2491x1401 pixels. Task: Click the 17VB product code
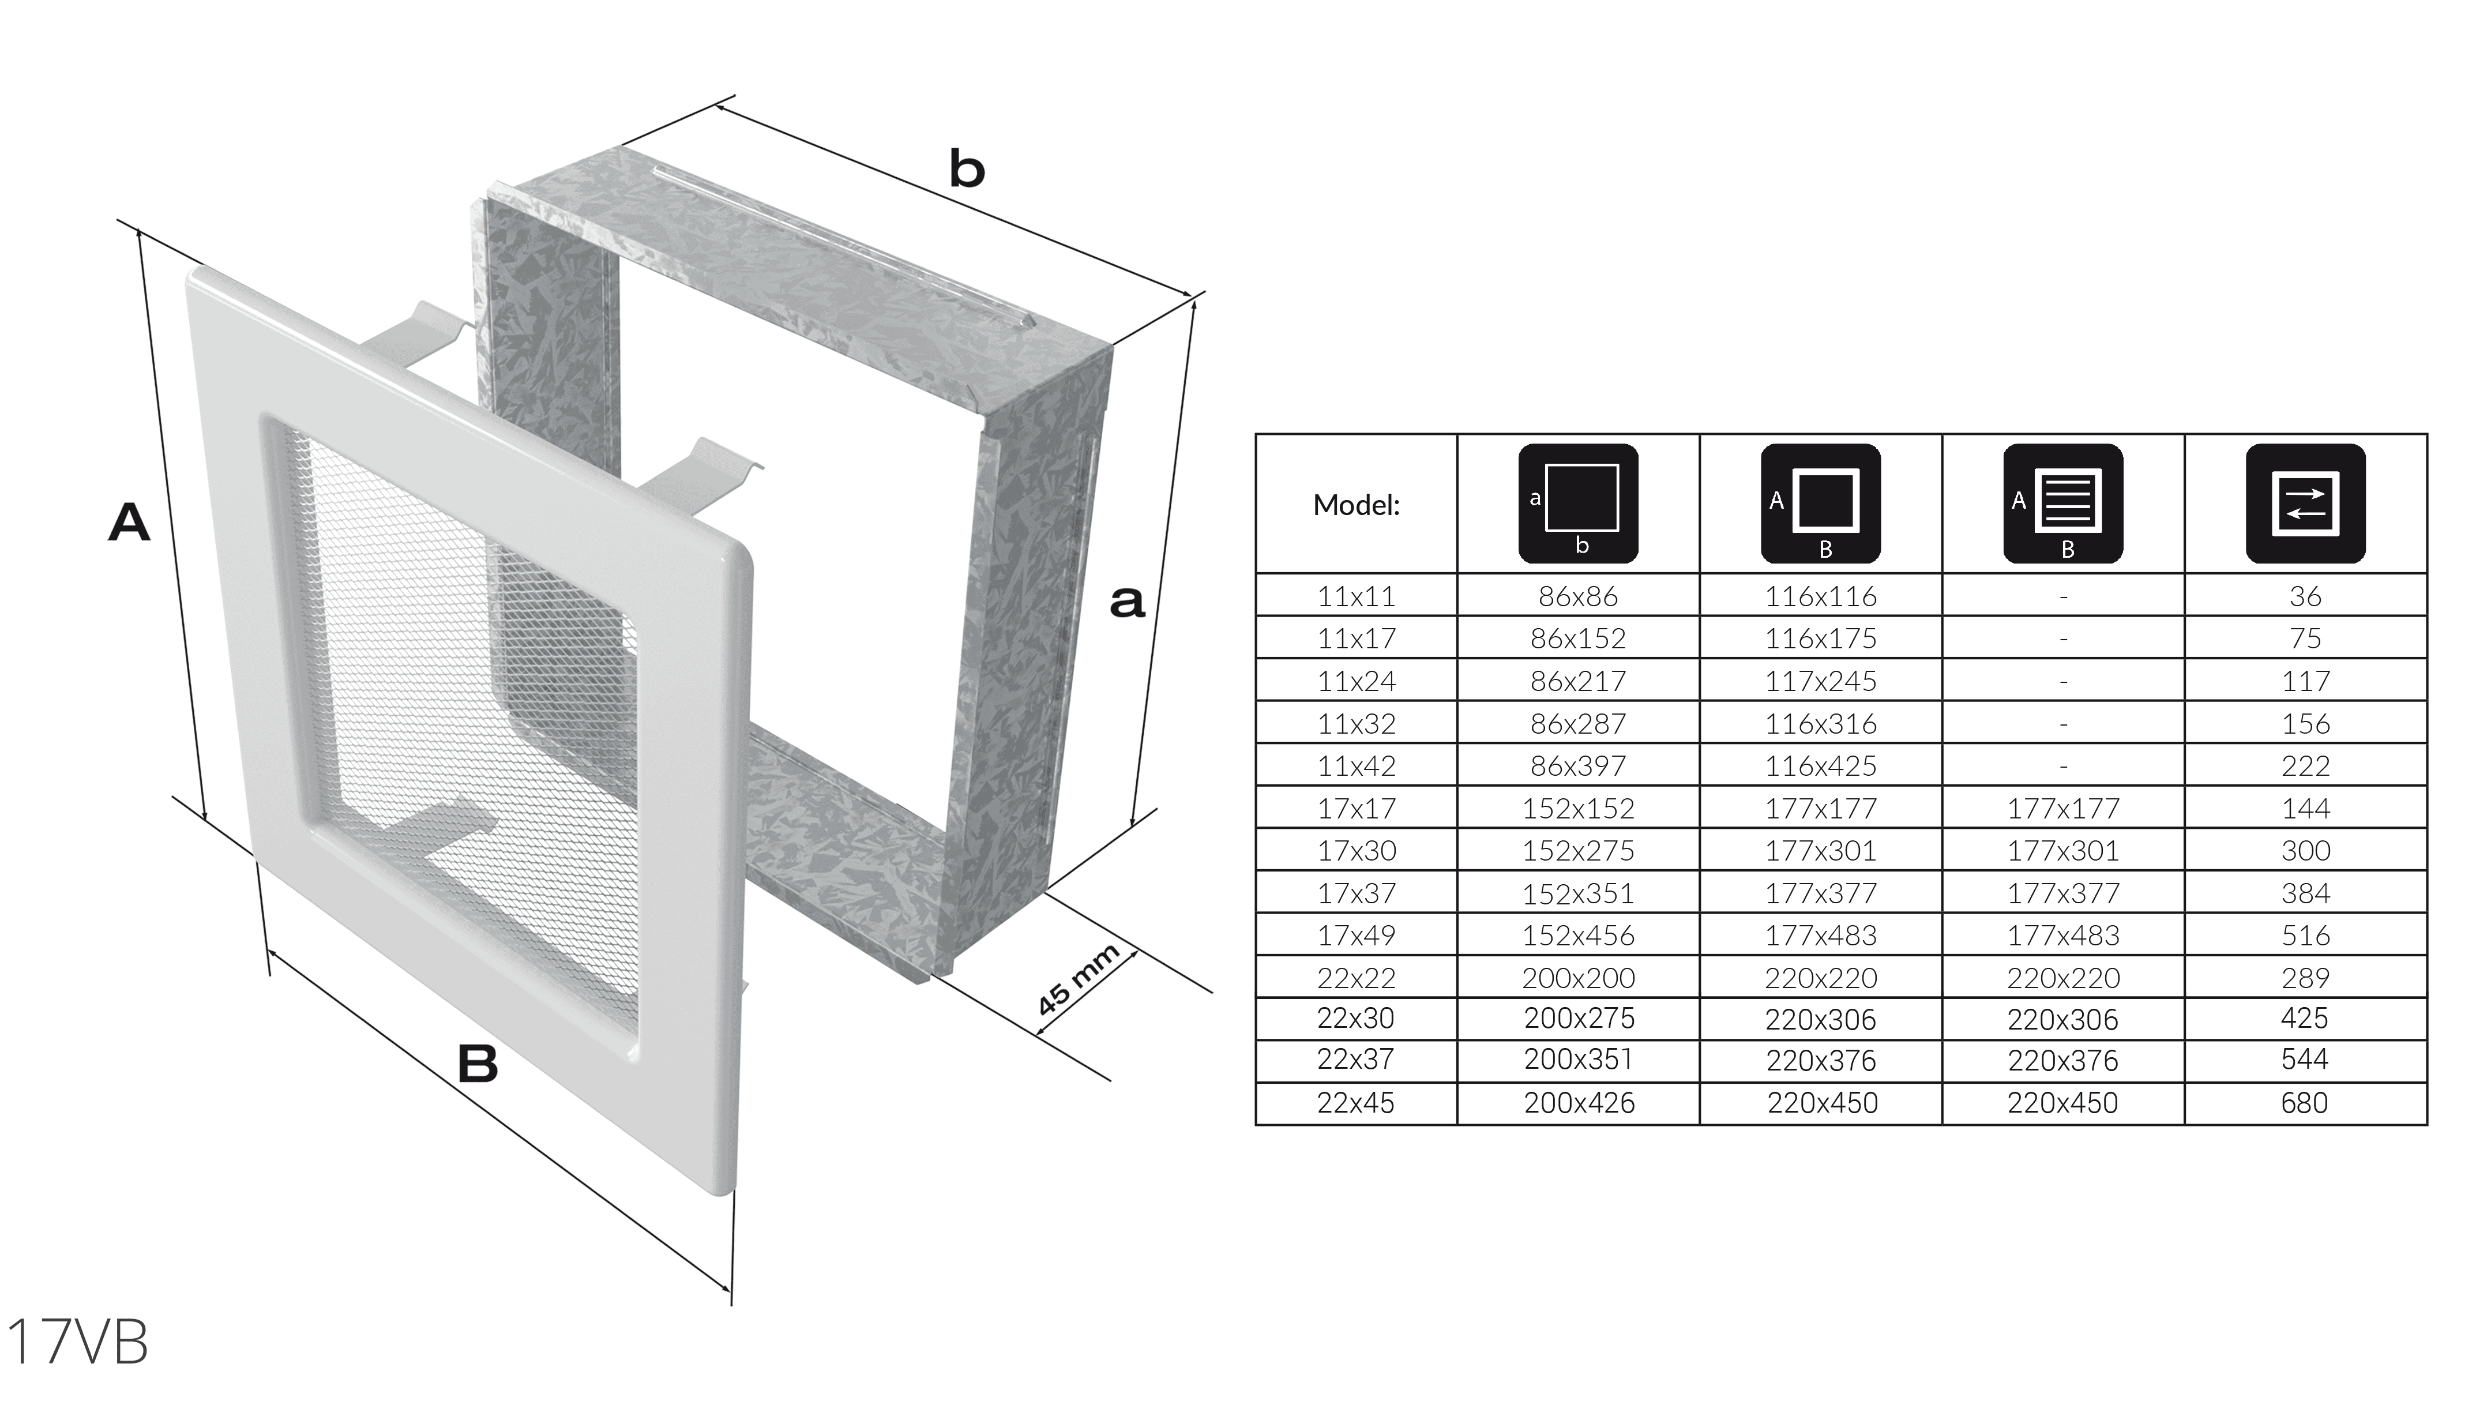click(77, 1342)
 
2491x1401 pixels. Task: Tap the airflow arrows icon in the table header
click(2305, 504)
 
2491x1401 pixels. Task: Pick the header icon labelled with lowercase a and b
click(1578, 504)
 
